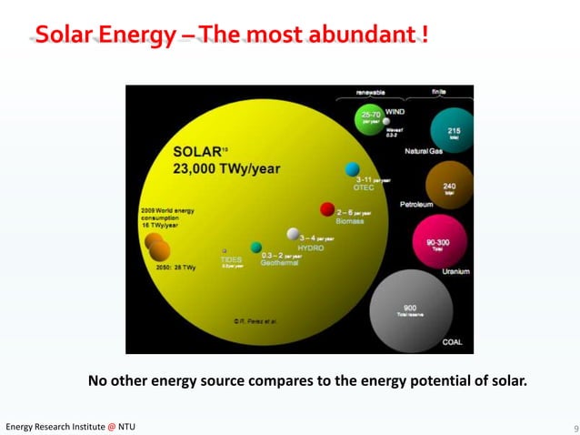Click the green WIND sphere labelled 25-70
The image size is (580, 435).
click(x=371, y=119)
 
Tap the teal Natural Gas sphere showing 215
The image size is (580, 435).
click(x=452, y=130)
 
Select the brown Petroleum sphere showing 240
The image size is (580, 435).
click(x=449, y=185)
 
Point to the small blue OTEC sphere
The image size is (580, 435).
click(x=352, y=169)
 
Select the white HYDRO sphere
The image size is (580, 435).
click(x=294, y=234)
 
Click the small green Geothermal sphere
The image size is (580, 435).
click(x=256, y=248)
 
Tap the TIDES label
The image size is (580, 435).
click(x=231, y=258)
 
